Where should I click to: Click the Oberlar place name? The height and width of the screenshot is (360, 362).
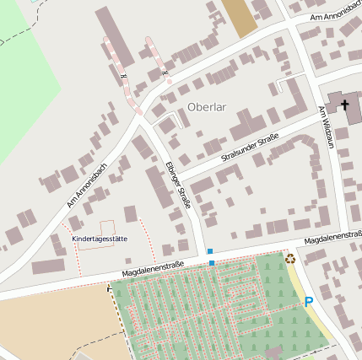pos(208,107)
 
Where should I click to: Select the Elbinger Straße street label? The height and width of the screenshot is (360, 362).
pos(178,184)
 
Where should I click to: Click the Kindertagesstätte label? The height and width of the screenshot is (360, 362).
pos(100,239)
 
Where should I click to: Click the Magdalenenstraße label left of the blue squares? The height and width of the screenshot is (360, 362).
pos(153,269)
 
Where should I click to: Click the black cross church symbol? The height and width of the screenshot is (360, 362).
pos(344,105)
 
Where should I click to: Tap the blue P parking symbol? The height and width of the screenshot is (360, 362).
pos(309,302)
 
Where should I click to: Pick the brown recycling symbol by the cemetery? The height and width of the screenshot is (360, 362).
pos(290,259)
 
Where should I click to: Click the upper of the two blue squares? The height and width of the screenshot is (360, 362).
pos(209,251)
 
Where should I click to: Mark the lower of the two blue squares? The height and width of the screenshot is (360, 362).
pos(212,263)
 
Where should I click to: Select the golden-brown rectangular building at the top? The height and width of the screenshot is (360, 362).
pos(240,17)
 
